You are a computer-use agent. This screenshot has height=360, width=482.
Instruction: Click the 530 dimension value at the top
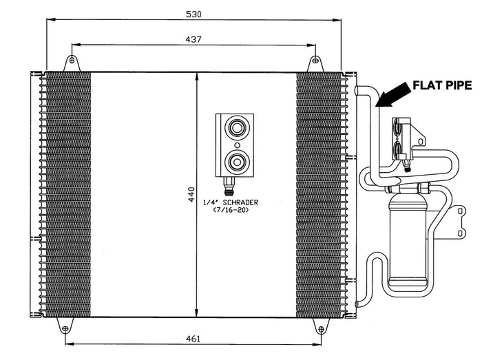pyautogui.click(x=193, y=13)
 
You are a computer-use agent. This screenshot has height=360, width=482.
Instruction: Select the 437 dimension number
pyautogui.click(x=193, y=39)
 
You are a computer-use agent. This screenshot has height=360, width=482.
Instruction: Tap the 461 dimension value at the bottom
pyautogui.click(x=193, y=339)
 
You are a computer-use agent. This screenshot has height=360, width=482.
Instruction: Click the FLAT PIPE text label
pyautogui.click(x=441, y=85)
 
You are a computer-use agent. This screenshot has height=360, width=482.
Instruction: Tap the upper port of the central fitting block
pyautogui.click(x=237, y=127)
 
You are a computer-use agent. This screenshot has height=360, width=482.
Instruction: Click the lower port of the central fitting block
pyautogui.click(x=237, y=162)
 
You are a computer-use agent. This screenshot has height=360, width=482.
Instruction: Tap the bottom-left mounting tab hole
pyautogui.click(x=65, y=328)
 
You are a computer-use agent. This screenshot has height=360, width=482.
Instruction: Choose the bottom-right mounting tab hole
pyautogui.click(x=320, y=328)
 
